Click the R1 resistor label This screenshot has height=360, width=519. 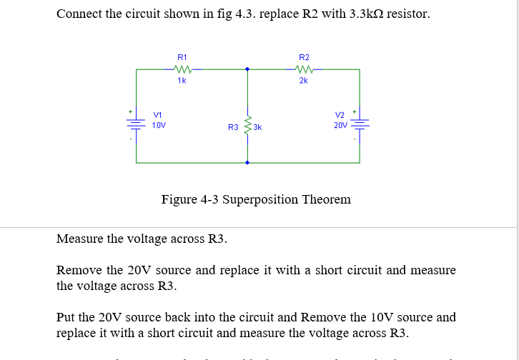coord(182,57)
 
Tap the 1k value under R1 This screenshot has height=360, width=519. coord(182,81)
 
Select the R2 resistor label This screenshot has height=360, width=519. coord(304,57)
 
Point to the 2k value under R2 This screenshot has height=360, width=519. coord(304,81)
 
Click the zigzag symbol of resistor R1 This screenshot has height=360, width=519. coord(182,69)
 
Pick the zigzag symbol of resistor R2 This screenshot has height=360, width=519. coord(304,69)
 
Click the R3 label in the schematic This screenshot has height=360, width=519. coord(233,128)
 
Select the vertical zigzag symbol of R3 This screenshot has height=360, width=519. coord(247,127)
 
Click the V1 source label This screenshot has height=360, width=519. coord(158,115)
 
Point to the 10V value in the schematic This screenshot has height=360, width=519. coord(159,125)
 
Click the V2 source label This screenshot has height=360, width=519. coord(340,115)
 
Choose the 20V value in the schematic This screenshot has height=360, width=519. coord(340,125)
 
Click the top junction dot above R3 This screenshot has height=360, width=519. coord(247,69)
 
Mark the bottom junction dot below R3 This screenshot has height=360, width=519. coord(247,163)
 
